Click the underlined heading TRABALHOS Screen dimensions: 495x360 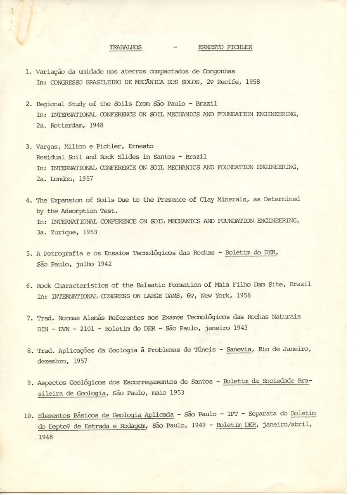tap(126, 47)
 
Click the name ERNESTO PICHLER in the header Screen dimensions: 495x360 tap(225, 47)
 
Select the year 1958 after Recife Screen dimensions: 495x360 tap(252, 82)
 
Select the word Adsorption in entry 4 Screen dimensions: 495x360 tap(77, 211)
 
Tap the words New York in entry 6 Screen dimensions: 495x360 tap(209, 296)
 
